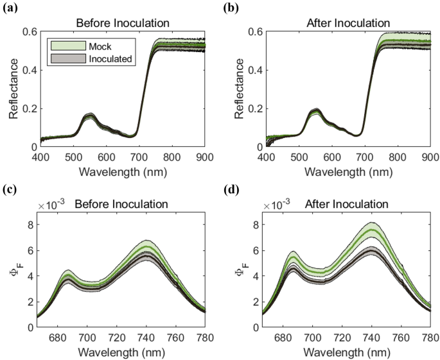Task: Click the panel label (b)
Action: pyautogui.click(x=233, y=9)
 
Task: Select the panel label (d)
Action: pyautogui.click(x=233, y=189)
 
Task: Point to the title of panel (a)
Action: pyautogui.click(x=123, y=23)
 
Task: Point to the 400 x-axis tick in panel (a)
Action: pyautogui.click(x=41, y=157)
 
